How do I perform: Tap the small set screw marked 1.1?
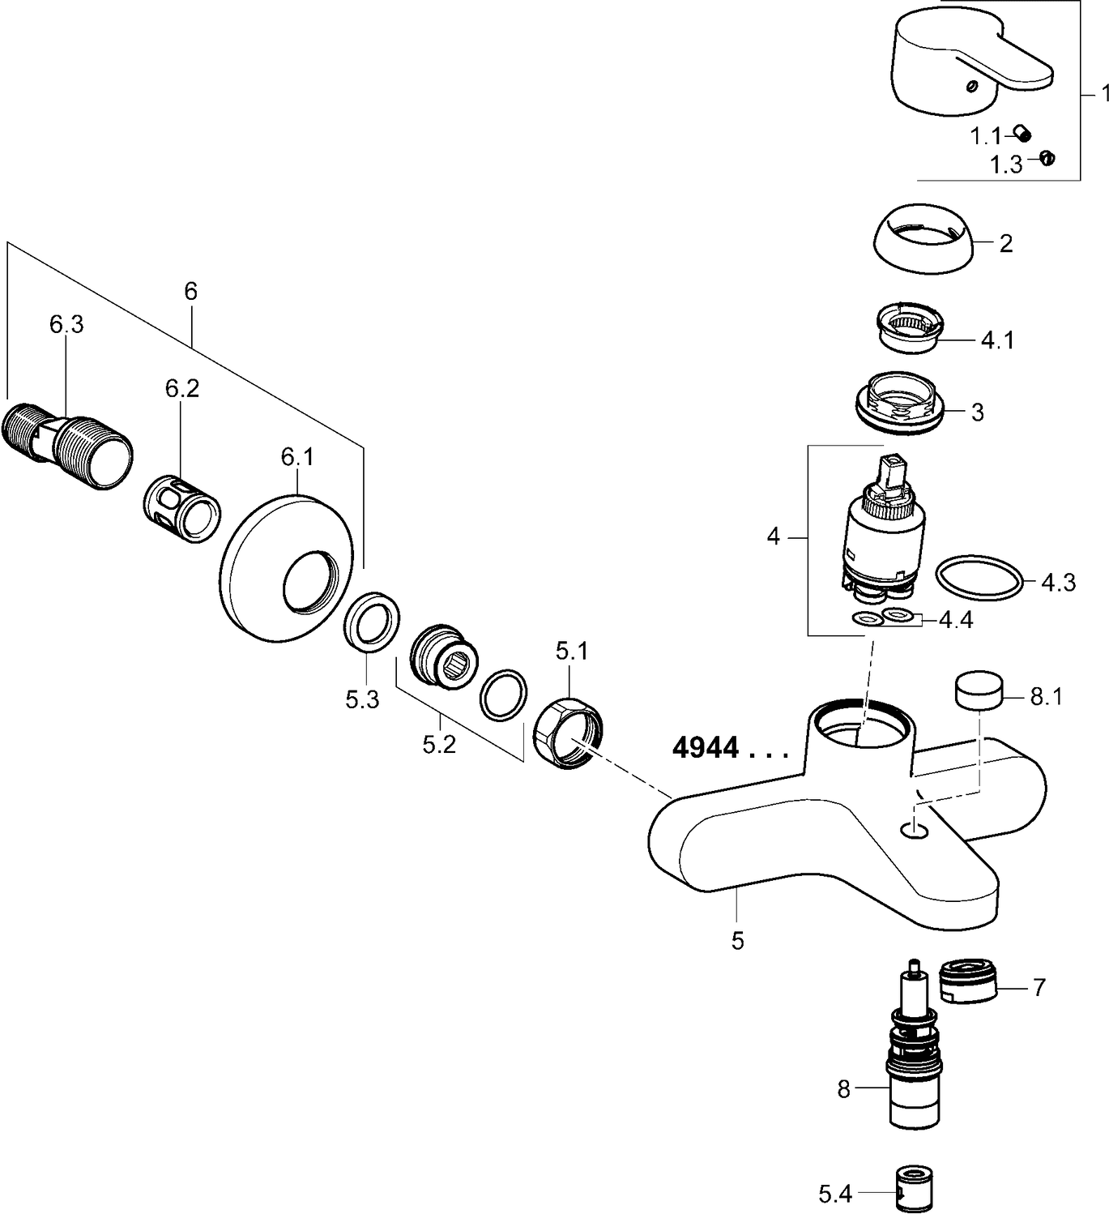(1024, 135)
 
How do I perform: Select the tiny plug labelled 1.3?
(1047, 158)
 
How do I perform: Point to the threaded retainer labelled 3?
(900, 401)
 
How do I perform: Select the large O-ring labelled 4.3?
(979, 579)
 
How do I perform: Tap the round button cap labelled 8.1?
(978, 691)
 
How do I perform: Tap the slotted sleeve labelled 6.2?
(184, 509)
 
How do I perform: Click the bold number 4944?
(706, 747)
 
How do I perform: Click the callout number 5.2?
(438, 744)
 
